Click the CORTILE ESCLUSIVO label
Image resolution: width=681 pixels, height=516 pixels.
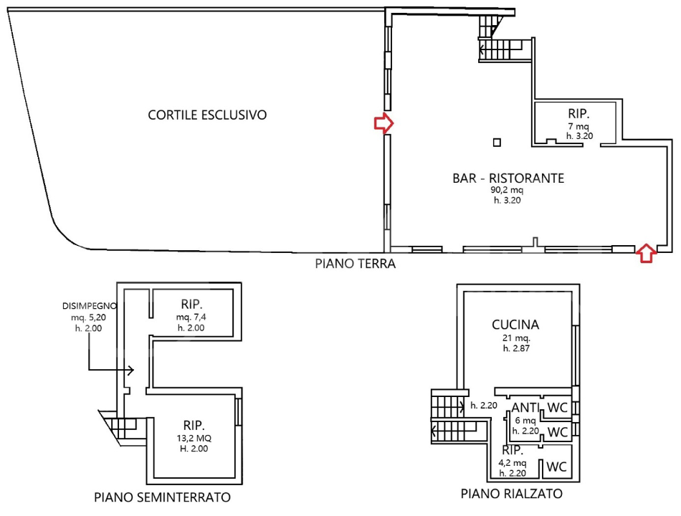coord(207,115)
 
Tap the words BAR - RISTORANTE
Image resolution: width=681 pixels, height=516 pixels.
coord(508,178)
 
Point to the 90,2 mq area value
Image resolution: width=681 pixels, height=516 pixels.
coord(507,191)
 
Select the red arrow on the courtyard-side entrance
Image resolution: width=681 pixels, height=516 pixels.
coord(384,123)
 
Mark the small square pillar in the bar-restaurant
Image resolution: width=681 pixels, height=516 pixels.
coord(497,142)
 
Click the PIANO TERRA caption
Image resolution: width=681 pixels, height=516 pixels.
coord(356,264)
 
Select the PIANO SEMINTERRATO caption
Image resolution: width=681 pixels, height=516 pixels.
coord(162,497)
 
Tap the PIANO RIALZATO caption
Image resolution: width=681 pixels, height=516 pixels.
coord(512,494)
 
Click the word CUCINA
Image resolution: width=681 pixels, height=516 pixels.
coord(515,325)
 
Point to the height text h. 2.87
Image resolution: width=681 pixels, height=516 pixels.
coord(515,348)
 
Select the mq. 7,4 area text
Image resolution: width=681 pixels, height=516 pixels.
coord(191,316)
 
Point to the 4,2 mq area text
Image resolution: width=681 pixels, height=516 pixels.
coord(513,464)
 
